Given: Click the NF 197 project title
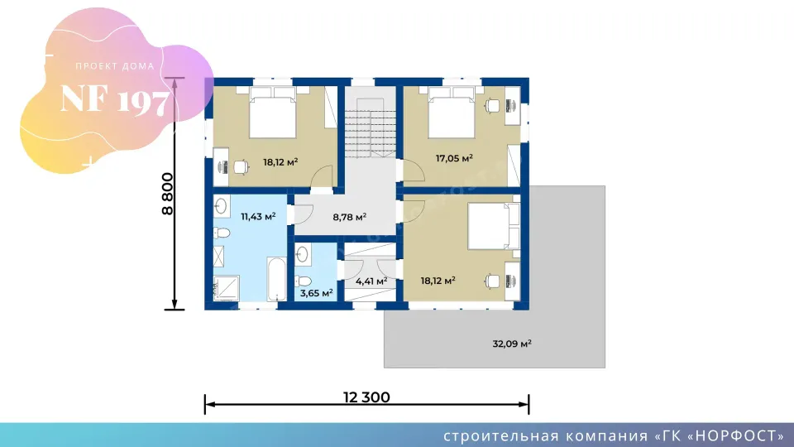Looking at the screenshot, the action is [114, 99].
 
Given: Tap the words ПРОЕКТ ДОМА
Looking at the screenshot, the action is [115, 66].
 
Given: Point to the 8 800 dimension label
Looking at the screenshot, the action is [167, 194].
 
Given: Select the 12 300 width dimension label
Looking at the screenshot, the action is [366, 397].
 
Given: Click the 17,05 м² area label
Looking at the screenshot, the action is [454, 159].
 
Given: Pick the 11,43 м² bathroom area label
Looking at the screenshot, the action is [258, 217].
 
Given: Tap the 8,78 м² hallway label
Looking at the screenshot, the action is [349, 218].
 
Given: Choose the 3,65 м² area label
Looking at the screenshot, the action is [317, 293].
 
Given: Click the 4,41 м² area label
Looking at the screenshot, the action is [371, 281].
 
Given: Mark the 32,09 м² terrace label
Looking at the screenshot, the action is [512, 344].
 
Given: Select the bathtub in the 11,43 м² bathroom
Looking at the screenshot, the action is [276, 279].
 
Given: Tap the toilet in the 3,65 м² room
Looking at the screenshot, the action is [304, 281].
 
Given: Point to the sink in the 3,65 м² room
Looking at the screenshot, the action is [302, 254].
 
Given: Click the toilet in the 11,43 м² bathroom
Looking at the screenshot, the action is [222, 233].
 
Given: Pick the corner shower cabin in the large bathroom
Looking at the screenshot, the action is [226, 288].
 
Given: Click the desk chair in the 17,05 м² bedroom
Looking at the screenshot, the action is [492, 106].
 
